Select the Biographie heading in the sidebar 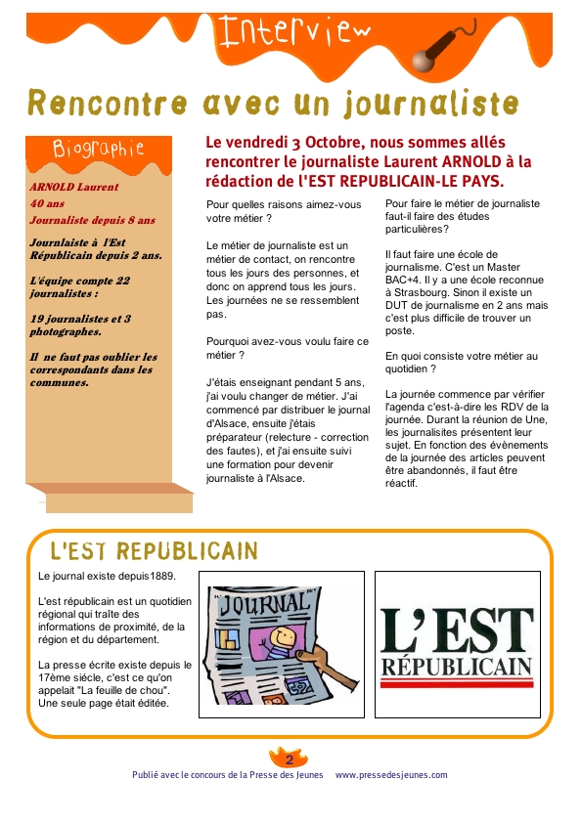point(98,149)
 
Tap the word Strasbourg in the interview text point(425,292)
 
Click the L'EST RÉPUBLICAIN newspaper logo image point(456,642)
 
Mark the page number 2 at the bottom point(290,759)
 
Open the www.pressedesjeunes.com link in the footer point(391,775)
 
